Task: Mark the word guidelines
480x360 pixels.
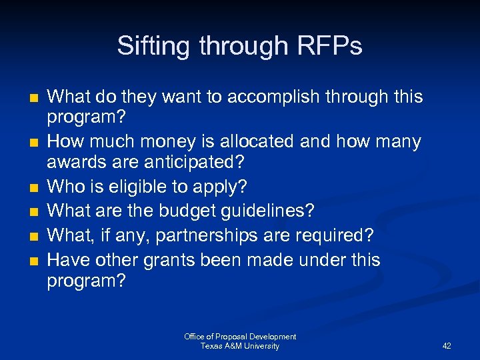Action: coord(271,211)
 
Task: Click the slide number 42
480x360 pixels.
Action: coord(447,346)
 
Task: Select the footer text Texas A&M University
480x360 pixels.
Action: coord(240,346)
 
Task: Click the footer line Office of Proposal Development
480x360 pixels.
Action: coord(240,337)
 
